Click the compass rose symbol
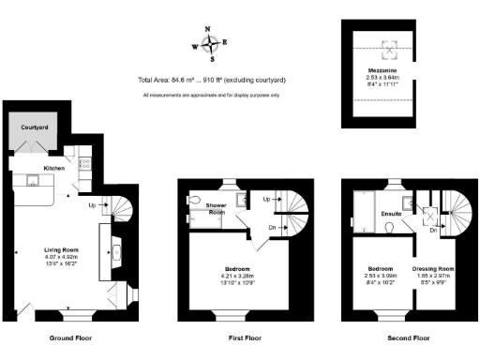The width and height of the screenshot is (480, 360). coord(214,42)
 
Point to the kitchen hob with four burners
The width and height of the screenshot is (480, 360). coord(83,164)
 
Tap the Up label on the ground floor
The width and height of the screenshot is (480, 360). coord(92,203)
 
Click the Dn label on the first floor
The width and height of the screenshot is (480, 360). coord(270,226)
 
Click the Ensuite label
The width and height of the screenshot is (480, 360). coord(391,214)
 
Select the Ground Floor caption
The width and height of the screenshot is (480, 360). coord(69,337)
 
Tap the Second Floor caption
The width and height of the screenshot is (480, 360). coord(408,337)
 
